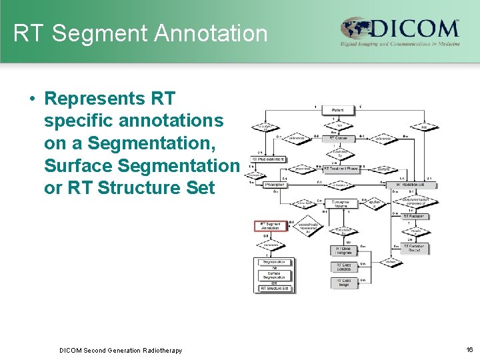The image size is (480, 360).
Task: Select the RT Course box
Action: coord(339,139)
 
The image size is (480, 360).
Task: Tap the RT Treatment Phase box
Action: coord(340,169)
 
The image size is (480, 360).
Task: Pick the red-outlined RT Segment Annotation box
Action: coord(271,226)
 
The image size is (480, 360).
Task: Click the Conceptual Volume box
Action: coord(340,204)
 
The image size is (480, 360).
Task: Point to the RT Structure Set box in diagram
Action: coord(274,288)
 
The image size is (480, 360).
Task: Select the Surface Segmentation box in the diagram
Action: coord(274,275)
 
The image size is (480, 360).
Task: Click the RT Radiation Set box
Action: coord(413,185)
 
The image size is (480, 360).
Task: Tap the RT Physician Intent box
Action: coord(268,159)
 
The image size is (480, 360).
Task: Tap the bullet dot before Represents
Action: coord(32,99)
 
